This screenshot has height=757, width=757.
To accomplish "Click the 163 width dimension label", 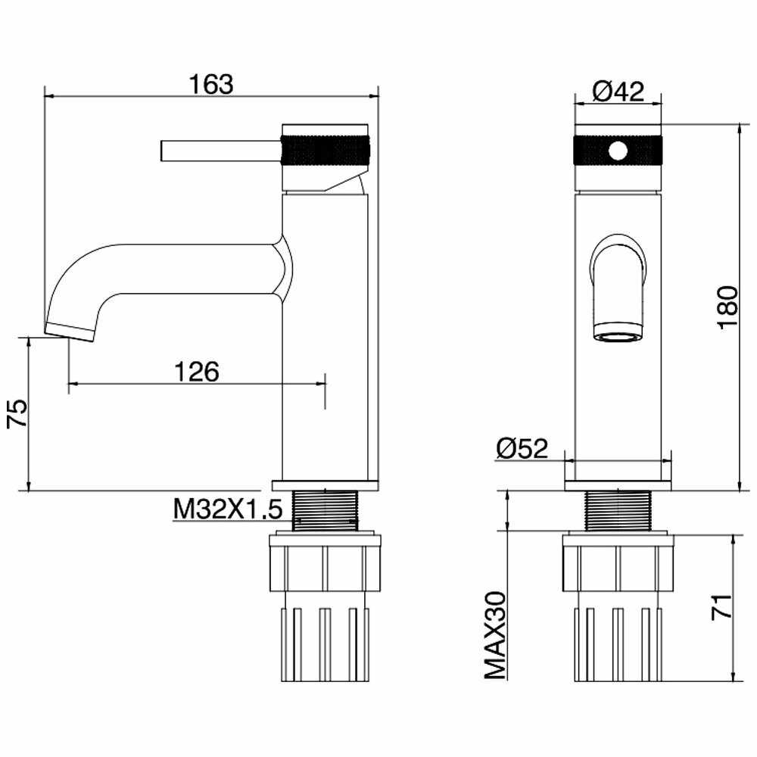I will coord(212,84).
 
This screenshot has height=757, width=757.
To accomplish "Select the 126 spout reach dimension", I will coord(197,372).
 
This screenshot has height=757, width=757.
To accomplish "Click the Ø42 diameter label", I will coord(618,92).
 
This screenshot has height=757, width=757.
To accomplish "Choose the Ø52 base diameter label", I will coord(522,449).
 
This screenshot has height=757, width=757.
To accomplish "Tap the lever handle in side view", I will coord(220,151).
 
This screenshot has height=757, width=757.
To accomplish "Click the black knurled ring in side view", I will coord(326,150).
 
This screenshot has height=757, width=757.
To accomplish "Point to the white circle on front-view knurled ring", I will coord(618,151).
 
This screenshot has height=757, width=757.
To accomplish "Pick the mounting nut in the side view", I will coord(325,564).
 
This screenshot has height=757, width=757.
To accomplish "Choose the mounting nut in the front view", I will coord(618,564).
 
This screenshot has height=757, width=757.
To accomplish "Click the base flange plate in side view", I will coord(326,484).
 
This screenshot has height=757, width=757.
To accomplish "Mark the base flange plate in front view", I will coord(618,484).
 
